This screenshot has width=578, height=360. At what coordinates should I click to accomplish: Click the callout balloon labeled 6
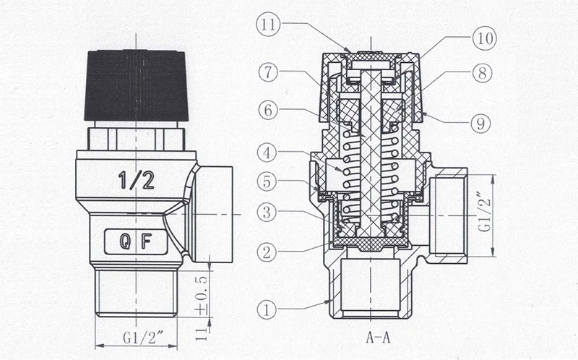268,110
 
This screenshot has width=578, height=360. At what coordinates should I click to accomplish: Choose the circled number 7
268,72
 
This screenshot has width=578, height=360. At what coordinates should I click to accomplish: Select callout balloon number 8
482,73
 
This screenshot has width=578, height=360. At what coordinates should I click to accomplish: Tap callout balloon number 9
480,124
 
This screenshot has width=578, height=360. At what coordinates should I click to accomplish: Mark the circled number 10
485,38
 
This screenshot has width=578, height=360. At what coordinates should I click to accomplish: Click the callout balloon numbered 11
268,25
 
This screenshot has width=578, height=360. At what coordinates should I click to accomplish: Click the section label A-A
378,337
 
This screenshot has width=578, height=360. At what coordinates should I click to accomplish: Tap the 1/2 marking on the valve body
136,181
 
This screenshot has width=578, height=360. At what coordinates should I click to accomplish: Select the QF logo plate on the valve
136,241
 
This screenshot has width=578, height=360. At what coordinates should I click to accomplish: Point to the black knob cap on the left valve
137,85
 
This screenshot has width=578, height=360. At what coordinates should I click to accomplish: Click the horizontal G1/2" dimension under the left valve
143,338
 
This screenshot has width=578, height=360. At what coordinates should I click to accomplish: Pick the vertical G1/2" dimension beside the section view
486,212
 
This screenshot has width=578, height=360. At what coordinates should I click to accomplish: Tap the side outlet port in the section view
449,215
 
